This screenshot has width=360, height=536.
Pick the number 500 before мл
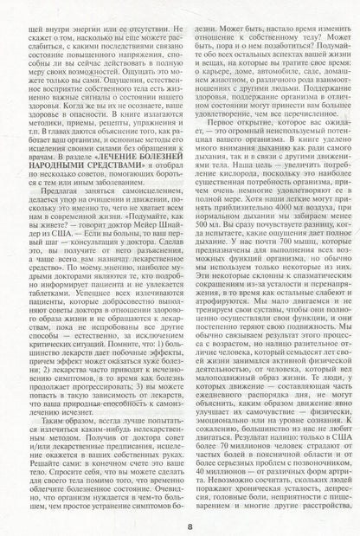point(201,236)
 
